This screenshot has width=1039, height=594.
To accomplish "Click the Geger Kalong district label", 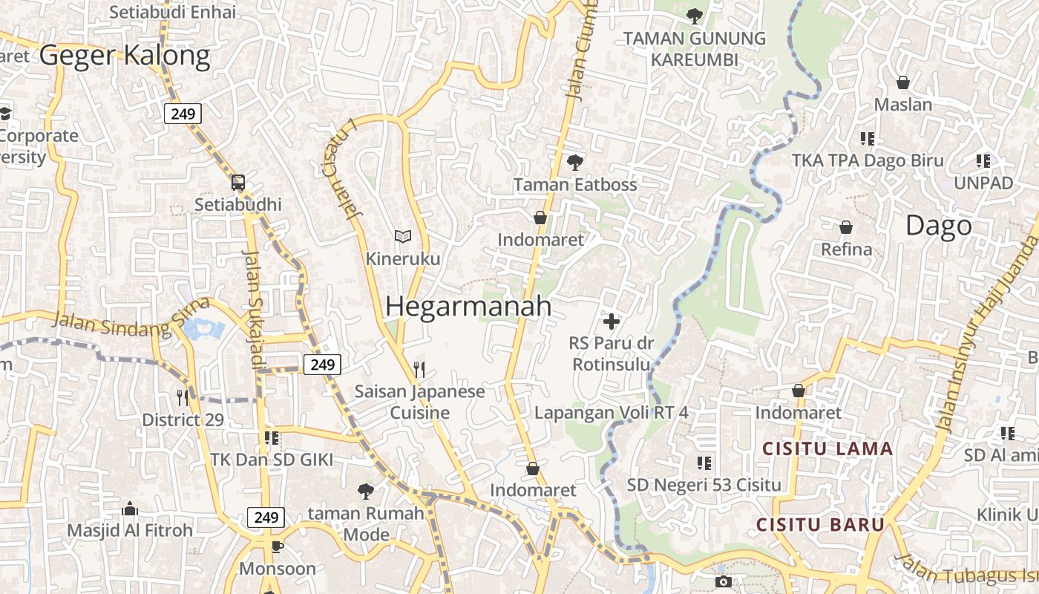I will [125, 56].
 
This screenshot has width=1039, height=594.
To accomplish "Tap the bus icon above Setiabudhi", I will [238, 182].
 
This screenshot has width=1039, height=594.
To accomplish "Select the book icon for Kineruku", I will [403, 236].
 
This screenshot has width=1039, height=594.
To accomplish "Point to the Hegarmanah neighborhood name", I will [468, 306].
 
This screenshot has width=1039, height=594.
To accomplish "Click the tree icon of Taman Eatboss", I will [574, 162].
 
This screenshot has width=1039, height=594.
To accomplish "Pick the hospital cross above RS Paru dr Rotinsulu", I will [612, 322].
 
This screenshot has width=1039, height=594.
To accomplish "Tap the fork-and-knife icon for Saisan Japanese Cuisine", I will [419, 369].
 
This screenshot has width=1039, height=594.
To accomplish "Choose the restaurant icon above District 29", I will [183, 398].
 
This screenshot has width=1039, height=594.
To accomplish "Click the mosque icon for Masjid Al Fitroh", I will [130, 509].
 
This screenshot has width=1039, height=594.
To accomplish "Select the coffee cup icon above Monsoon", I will [278, 547].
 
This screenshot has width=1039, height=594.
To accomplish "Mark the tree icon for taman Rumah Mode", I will [365, 491].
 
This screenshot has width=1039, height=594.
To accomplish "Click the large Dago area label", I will [938, 226].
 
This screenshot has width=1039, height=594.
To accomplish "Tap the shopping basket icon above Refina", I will [846, 227].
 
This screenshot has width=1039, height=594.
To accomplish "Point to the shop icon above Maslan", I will [903, 82].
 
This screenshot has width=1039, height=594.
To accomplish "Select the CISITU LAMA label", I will [827, 448].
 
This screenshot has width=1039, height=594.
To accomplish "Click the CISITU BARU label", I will [820, 525].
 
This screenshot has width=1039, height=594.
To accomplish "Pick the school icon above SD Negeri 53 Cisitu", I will [704, 463].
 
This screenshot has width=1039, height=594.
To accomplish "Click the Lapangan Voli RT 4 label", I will [612, 412].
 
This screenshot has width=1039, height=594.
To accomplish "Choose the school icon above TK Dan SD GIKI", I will [272, 438].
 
